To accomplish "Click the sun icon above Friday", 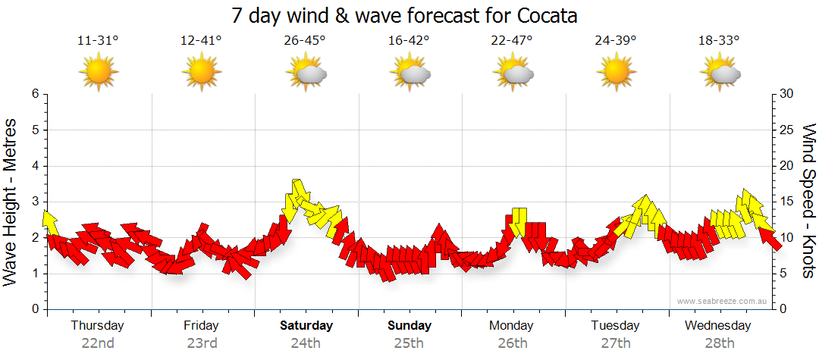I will coord(202,73).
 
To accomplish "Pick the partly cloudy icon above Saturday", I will coord(306,73).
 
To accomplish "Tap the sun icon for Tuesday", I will coord(616,73).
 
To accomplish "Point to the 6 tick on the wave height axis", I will coord(35,94).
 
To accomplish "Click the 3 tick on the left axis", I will coord(35,202).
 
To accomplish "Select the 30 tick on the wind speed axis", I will coord(787,94).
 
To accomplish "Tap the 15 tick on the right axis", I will coord(787,202).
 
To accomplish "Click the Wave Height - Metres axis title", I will coord(11,202).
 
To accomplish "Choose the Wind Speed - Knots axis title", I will coord(808,202).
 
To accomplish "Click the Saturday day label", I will coord(306,326).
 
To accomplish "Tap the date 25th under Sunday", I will coord(409,343).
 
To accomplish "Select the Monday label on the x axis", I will coord(512,326).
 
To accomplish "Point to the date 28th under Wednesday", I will coord(719,343).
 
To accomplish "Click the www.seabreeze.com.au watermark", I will coord(723,302).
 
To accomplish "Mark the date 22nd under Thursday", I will coord(98,343).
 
